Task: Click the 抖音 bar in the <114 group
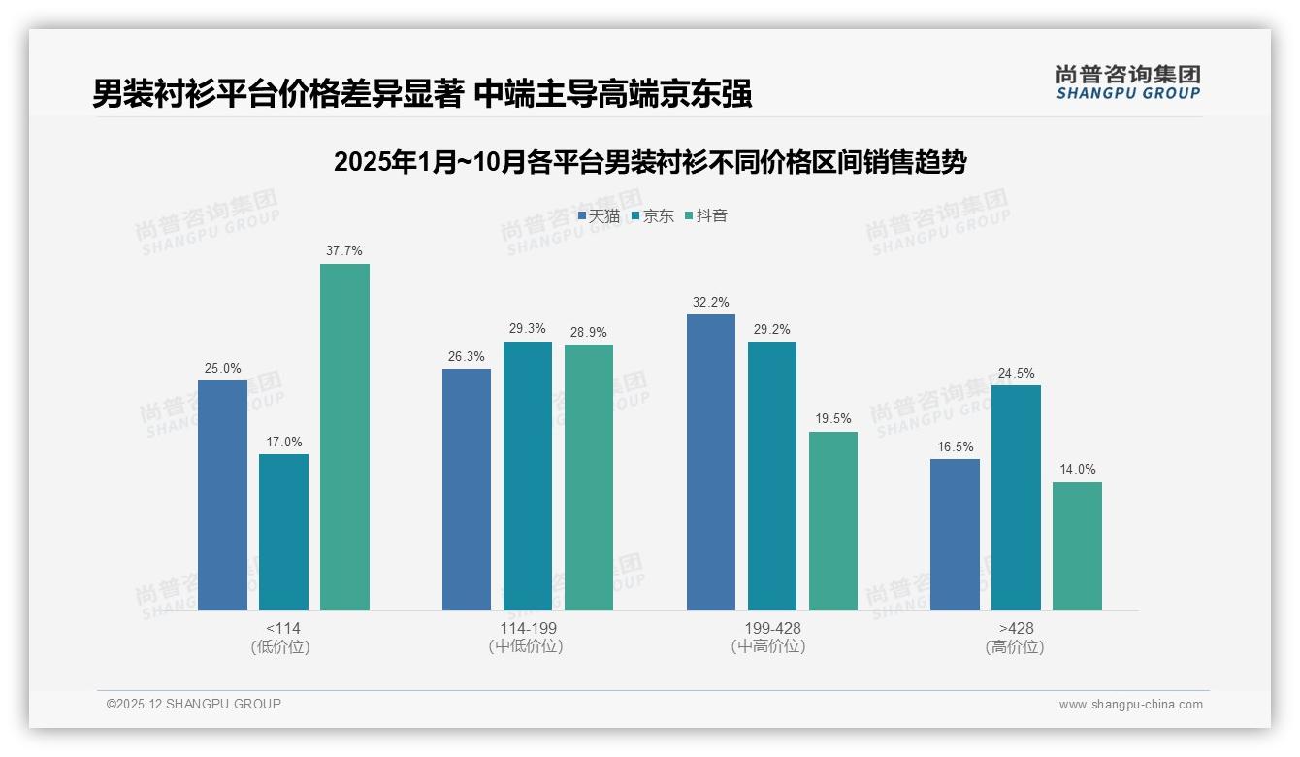[344, 437]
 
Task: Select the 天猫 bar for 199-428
[710, 462]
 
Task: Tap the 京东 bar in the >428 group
[1016, 497]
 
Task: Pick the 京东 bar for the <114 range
[283, 532]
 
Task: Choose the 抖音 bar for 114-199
[589, 477]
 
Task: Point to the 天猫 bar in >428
[955, 534]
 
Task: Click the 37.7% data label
[344, 251]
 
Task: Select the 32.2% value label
[710, 303]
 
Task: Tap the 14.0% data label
[1077, 470]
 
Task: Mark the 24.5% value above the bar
[1016, 374]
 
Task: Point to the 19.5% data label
[832, 419]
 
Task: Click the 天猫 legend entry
[599, 216]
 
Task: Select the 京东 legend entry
[652, 216]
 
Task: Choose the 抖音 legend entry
[706, 216]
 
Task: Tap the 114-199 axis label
[528, 629]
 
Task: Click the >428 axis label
[1016, 629]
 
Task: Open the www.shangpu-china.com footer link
[1130, 705]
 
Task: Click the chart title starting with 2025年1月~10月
[650, 162]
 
